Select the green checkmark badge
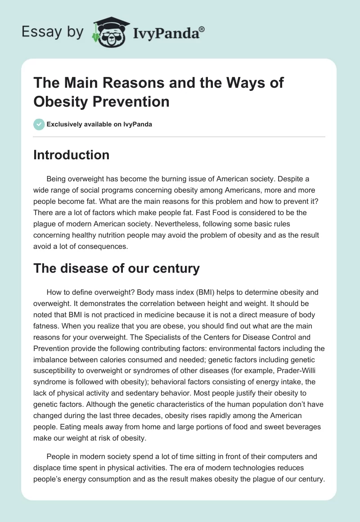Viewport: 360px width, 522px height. click(x=39, y=124)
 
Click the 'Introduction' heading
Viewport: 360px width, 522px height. click(x=71, y=155)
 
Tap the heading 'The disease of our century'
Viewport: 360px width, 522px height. click(x=116, y=269)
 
